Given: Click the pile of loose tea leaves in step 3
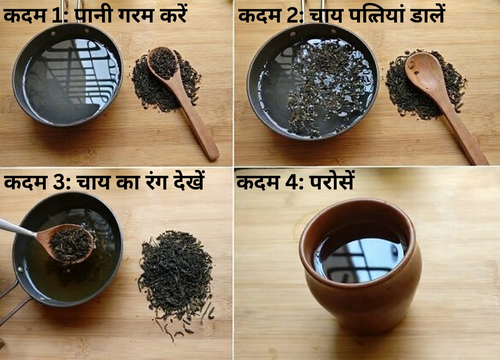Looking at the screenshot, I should pos(175,275).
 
